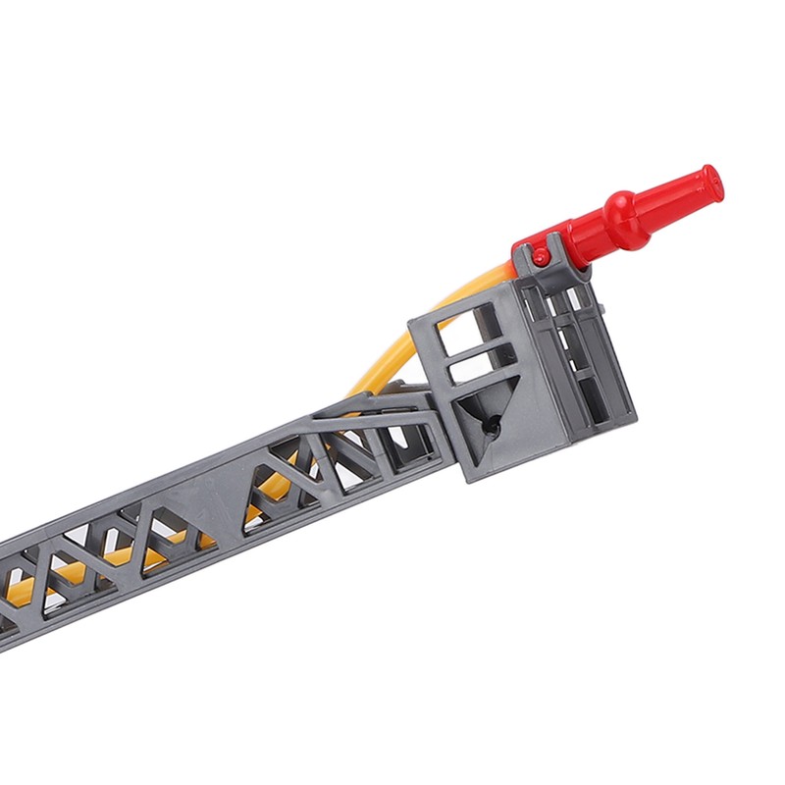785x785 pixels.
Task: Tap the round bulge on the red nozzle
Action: (624, 210)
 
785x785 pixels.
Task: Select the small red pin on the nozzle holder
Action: (541, 256)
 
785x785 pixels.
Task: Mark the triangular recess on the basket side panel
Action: (483, 417)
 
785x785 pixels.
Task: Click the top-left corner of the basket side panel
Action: (412, 319)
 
